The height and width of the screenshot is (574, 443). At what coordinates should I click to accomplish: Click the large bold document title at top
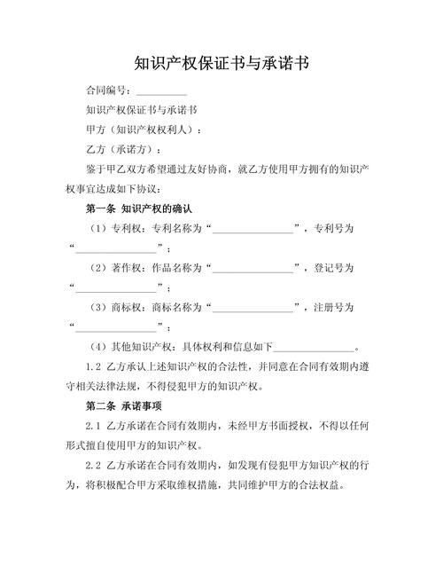point(221,65)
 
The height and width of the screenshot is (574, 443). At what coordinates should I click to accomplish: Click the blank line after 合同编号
point(161,92)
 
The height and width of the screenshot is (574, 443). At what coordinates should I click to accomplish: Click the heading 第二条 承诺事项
point(121,407)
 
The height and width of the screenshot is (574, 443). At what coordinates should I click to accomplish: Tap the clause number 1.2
point(94,366)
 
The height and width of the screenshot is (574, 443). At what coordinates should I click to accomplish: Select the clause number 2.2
point(94,466)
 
